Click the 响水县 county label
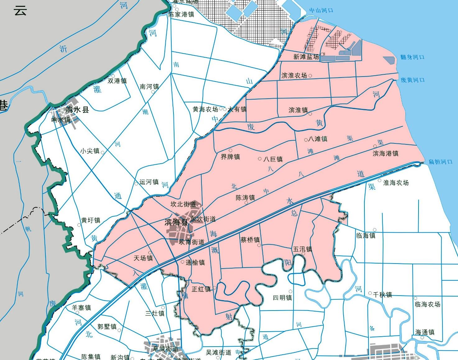coord(77,110)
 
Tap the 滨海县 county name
coord(176,222)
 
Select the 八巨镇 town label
coord(273,159)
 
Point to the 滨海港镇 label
coord(386,153)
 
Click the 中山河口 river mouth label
coord(321,11)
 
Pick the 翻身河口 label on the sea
coord(412,57)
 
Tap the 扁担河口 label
coord(441,162)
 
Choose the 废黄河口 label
coord(413,80)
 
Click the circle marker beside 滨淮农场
coord(310,76)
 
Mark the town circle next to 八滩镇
coord(306,140)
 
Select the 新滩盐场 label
coord(306,57)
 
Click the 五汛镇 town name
coord(303,249)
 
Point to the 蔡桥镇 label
coord(250,240)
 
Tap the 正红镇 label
coord(201,289)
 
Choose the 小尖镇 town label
coord(90,151)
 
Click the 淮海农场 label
coord(396,183)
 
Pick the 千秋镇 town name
coord(382,294)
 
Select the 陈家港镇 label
coord(181,14)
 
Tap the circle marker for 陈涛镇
coord(246,203)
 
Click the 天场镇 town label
coord(143,258)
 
